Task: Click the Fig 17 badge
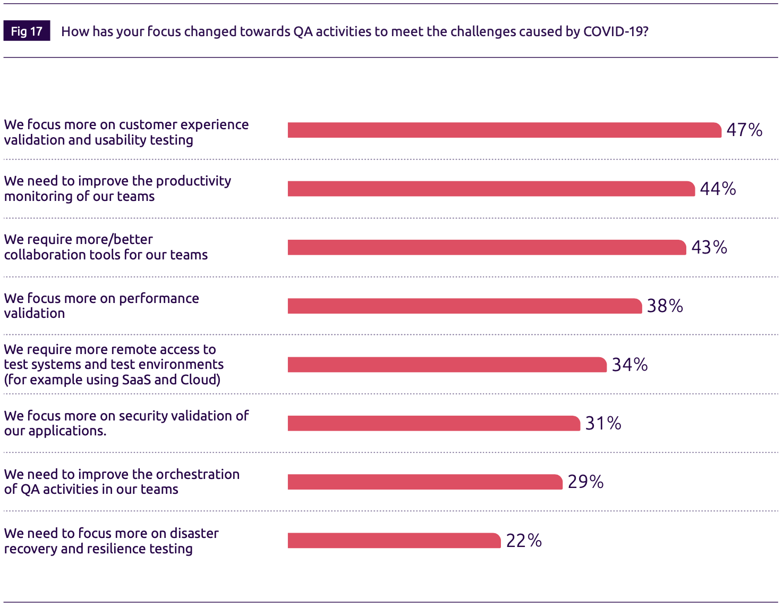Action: click(x=27, y=31)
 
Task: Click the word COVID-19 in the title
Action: click(x=613, y=31)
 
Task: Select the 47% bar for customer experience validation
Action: click(x=504, y=130)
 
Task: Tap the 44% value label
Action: click(x=718, y=189)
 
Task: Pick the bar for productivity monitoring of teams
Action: click(x=491, y=189)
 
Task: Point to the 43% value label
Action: click(x=709, y=247)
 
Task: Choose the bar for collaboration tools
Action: click(x=487, y=247)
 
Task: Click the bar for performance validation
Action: click(x=464, y=306)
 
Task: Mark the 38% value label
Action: click(x=665, y=306)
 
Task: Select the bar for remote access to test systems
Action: click(x=447, y=365)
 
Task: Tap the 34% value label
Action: click(x=629, y=365)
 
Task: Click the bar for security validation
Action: click(x=433, y=423)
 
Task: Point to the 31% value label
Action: click(x=603, y=423)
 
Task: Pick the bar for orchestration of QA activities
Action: click(x=424, y=482)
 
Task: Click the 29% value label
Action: click(x=585, y=482)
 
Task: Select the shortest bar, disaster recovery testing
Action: click(x=394, y=541)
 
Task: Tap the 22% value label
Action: click(x=523, y=541)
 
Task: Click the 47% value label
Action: click(x=744, y=130)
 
